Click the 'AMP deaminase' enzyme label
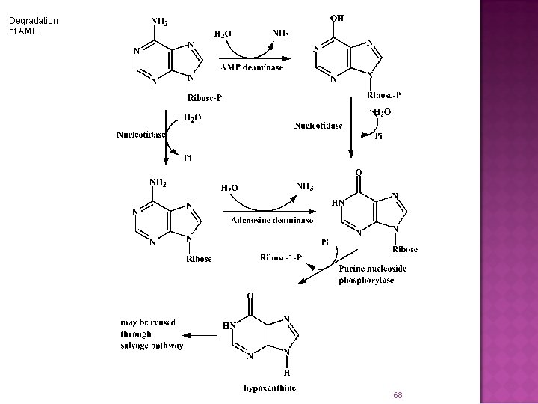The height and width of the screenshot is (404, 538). [253, 67]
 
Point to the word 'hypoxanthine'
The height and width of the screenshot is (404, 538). [269, 387]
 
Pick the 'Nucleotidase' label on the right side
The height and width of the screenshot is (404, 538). [318, 125]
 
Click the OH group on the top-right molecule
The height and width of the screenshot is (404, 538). [337, 17]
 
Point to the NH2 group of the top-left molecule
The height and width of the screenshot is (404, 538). [159, 20]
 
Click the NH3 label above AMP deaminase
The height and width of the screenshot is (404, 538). [281, 32]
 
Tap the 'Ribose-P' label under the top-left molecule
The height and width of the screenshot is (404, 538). [204, 97]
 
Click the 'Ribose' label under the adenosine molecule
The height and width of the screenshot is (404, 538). [199, 259]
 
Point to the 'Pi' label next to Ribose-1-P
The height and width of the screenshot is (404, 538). [325, 242]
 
